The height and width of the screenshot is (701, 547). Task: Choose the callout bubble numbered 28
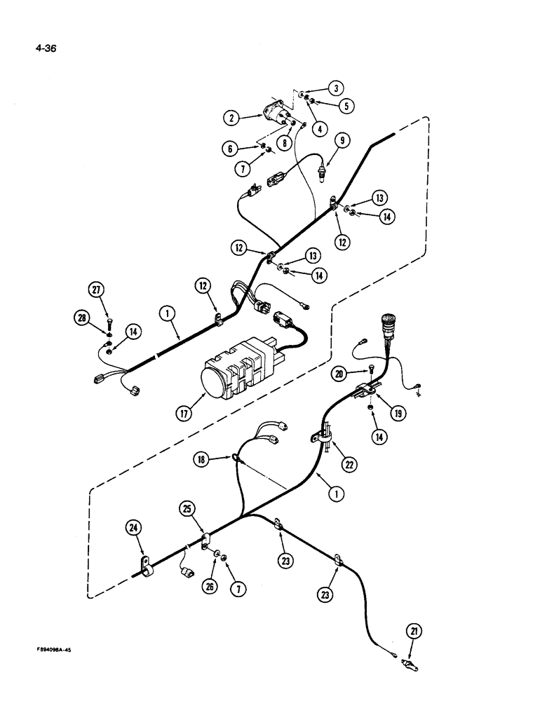(x=83, y=318)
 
